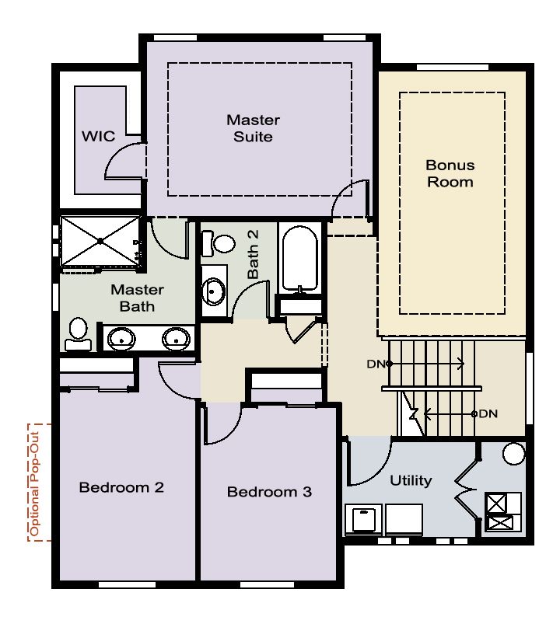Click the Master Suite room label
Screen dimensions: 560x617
(x=254, y=128)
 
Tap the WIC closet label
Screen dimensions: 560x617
(x=99, y=137)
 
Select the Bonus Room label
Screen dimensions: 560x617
(x=450, y=173)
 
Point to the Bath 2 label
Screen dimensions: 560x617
(x=254, y=255)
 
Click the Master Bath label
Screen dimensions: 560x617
(x=137, y=298)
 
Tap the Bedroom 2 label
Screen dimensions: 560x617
(x=121, y=487)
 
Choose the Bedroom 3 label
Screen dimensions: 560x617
(x=269, y=492)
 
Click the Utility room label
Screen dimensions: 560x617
(x=411, y=480)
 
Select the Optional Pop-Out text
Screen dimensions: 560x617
(x=35, y=484)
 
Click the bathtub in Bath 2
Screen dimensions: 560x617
(x=300, y=259)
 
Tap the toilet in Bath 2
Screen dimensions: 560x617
(x=219, y=243)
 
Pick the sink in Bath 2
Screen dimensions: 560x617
(x=213, y=291)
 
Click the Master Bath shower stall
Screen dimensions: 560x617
(x=100, y=241)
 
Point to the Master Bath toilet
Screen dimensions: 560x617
(x=79, y=333)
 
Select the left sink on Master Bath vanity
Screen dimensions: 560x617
(x=121, y=339)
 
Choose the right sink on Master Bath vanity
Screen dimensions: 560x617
(x=177, y=338)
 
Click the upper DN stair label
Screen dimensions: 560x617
(x=376, y=364)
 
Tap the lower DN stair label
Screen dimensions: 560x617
(x=488, y=413)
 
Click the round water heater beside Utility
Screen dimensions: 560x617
(x=514, y=453)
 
